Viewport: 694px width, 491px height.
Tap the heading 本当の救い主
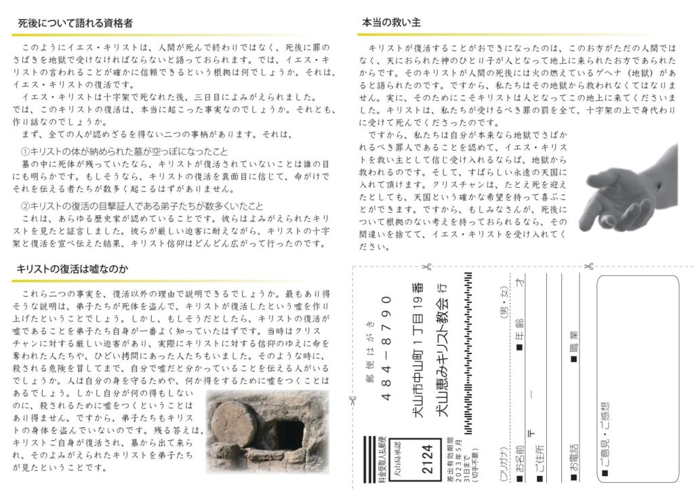coord(392,22)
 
